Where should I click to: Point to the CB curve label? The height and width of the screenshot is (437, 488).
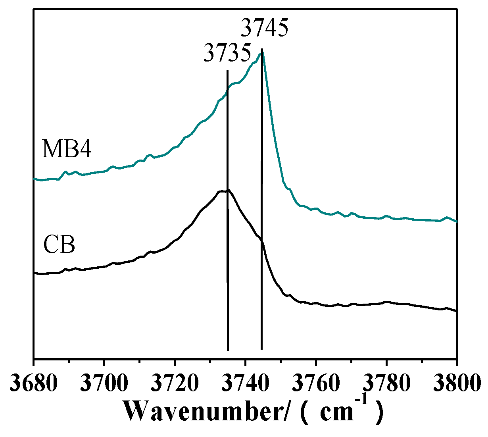click(59, 245)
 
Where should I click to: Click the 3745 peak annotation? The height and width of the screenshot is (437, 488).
click(264, 29)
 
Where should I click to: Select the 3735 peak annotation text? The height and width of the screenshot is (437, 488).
click(227, 53)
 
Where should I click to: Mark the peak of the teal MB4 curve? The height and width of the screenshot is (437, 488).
click(261, 53)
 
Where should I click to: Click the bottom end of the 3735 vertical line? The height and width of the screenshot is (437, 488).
click(228, 350)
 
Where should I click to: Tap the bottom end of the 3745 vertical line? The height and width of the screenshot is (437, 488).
click(261, 348)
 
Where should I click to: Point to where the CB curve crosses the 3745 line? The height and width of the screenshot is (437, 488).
click(261, 242)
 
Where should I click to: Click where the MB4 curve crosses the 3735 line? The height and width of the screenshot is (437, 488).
click(227, 92)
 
